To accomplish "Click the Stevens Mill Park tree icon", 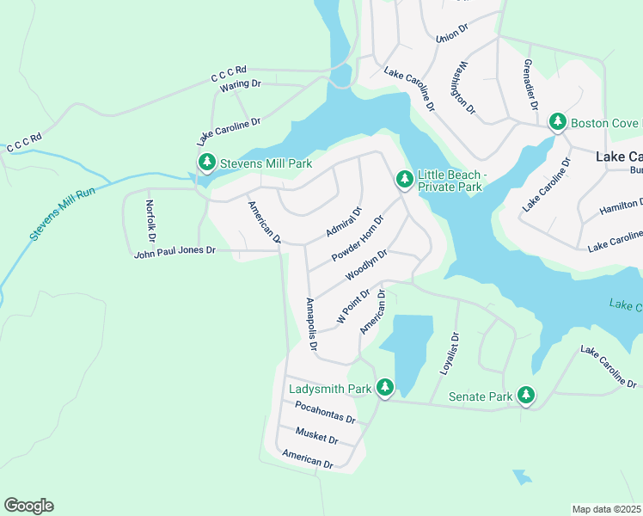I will tap(206, 163).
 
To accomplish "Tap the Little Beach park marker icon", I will tap(404, 180).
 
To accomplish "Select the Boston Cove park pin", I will tap(558, 122).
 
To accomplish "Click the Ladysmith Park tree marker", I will tap(386, 389).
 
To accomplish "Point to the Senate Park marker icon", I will tap(524, 396).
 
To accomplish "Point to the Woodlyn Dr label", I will tap(367, 265).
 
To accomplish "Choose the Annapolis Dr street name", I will tap(311, 325).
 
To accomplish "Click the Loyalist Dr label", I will tap(446, 354).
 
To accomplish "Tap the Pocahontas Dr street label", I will tap(325, 412).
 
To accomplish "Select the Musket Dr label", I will tap(316, 435).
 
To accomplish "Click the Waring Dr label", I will tap(240, 83).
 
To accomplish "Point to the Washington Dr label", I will tap(462, 87).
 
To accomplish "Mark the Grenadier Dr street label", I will tap(530, 84).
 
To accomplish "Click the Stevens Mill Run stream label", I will tap(62, 203).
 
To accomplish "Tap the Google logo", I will tap(28, 506).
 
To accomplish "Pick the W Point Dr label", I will tap(352, 306).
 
